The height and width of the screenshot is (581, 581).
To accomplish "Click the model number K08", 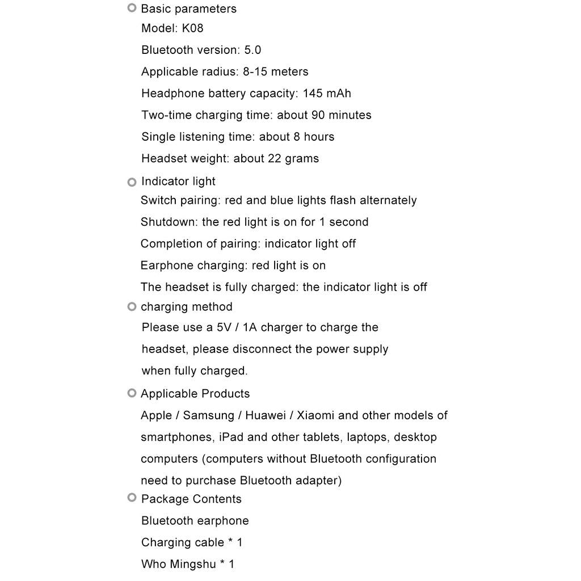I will pos(192,28).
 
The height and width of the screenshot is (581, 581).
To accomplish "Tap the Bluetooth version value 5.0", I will pos(252,50).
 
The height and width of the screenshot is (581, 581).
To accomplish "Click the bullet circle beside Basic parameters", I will pos(132,8).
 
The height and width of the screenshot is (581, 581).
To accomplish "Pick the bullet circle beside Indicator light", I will pos(132,182).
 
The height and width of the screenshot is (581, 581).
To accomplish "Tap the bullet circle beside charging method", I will pos(132,306).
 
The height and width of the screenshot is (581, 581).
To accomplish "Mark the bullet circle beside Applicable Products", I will pos(132,393).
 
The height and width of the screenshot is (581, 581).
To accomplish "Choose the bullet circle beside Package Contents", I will pos(132,498).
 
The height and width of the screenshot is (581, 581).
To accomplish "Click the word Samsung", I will pos(208,415).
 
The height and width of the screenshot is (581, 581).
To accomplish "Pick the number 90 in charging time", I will pos(318,115).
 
